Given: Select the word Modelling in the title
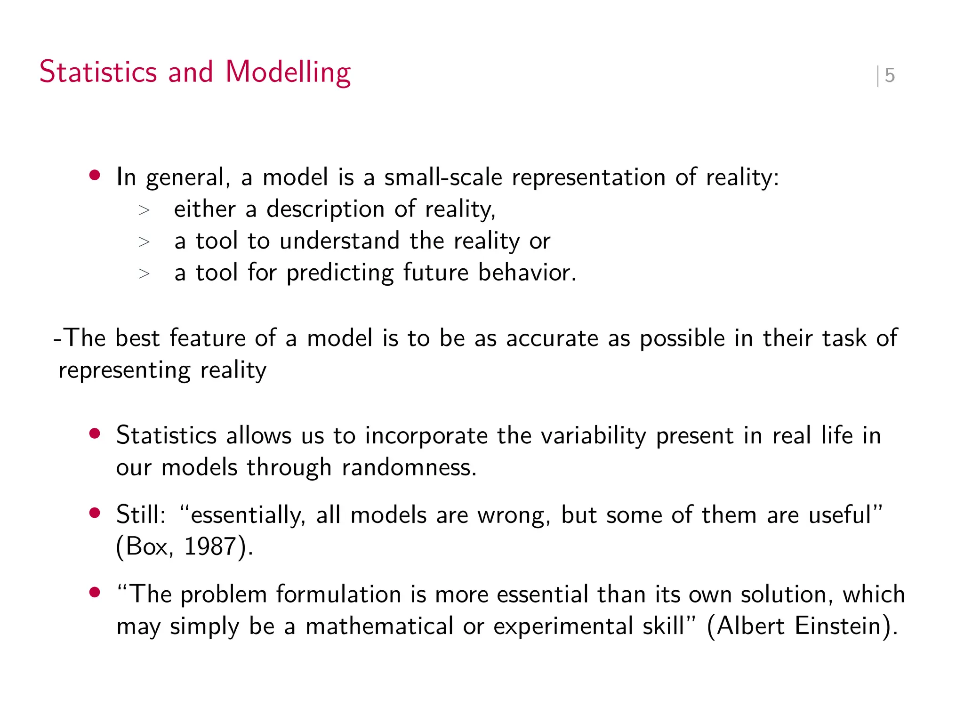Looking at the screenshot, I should pyautogui.click(x=288, y=73).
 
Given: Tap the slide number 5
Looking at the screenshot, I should pyautogui.click(x=889, y=75).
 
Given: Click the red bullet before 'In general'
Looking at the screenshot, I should pyautogui.click(x=95, y=176).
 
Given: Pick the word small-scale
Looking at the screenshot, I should pyautogui.click(x=443, y=177).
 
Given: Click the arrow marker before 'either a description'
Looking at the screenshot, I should pyautogui.click(x=144, y=210).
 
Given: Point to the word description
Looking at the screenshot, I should pyautogui.click(x=325, y=209).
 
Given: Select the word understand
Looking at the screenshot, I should pyautogui.click(x=339, y=241).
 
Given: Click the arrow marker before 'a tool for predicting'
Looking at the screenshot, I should pyautogui.click(x=144, y=273).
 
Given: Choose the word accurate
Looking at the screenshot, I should pyautogui.click(x=552, y=338).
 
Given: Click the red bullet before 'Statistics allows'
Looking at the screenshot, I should pyautogui.click(x=95, y=434).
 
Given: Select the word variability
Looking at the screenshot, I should pyautogui.click(x=593, y=436).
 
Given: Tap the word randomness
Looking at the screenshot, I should pyautogui.click(x=409, y=467).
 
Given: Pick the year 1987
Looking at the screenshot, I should pyautogui.click(x=209, y=546).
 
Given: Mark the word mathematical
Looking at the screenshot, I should pyautogui.click(x=379, y=626).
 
